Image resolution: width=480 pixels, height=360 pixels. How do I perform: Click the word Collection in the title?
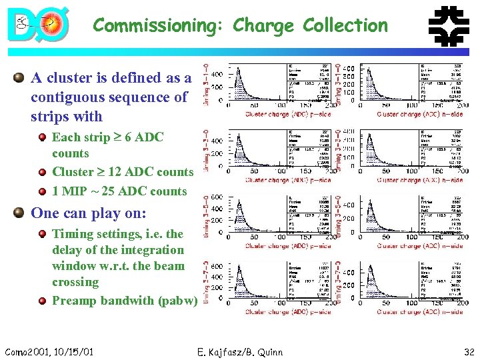345,26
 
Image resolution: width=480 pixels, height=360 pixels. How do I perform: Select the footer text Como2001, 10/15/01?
49,352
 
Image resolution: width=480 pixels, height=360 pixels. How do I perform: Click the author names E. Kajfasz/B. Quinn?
241,352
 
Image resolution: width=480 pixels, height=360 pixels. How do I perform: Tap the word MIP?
75,191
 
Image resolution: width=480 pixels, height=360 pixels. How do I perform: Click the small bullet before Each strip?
42,138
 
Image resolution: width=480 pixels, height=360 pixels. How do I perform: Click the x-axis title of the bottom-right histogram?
419,312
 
